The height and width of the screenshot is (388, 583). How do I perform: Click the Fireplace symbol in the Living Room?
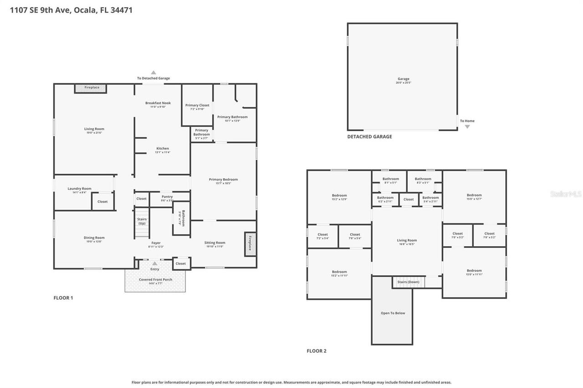(91, 88)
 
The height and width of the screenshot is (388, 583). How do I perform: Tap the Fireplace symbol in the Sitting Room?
(250, 244)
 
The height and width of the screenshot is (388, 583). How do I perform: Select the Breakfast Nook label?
(158, 103)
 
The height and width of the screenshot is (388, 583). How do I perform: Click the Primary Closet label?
(197, 106)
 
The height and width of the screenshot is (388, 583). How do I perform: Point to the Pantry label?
(167, 197)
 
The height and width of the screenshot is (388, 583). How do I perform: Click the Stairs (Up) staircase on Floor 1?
(142, 222)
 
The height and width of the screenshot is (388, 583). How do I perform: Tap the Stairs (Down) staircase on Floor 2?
(408, 282)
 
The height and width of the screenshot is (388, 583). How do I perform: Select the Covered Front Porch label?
(155, 280)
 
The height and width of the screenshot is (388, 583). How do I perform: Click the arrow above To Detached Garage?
(153, 72)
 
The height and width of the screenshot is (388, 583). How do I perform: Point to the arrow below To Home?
(467, 126)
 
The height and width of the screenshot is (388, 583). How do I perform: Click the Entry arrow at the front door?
(155, 263)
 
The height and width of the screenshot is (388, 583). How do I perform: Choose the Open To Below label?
(393, 313)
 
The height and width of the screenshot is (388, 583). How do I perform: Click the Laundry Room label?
(80, 189)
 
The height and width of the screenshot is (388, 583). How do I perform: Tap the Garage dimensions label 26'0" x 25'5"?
(403, 83)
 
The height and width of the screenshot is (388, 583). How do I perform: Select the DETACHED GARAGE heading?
(369, 136)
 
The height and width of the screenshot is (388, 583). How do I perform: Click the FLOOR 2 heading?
(317, 351)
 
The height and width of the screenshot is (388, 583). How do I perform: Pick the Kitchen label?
(163, 149)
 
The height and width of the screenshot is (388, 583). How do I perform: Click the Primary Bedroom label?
(223, 180)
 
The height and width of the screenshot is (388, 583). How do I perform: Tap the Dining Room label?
(94, 238)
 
